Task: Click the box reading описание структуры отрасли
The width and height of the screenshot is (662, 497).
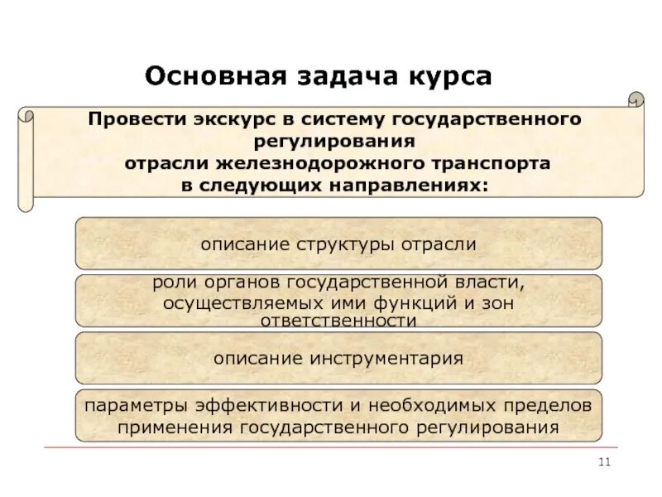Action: [x=338, y=244]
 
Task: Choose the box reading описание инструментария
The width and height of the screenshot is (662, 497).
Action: [x=338, y=359]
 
